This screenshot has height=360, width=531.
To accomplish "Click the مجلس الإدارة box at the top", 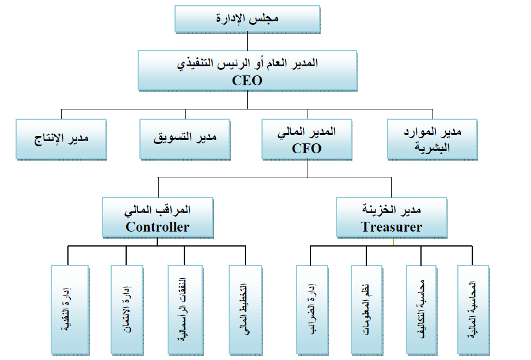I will click(x=248, y=19).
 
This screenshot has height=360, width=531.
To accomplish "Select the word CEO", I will click(x=247, y=81).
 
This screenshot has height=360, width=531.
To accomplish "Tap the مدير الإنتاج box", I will click(x=61, y=138).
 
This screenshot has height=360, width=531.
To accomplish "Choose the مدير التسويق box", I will click(x=185, y=138).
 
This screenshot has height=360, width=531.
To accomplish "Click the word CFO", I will click(x=306, y=148).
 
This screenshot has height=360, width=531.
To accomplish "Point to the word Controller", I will click(x=157, y=227).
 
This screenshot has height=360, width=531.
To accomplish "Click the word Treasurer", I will click(x=392, y=227).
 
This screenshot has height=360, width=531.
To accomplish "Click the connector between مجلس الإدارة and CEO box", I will click(x=248, y=41).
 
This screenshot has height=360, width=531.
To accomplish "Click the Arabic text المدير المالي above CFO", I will click(x=306, y=132).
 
